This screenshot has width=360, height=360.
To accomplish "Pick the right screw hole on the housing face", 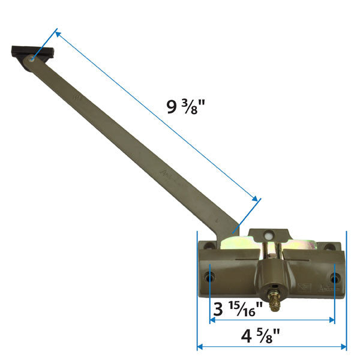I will pyautogui.click(x=335, y=278).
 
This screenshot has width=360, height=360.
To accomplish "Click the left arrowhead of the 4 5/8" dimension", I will pyautogui.click(x=200, y=346).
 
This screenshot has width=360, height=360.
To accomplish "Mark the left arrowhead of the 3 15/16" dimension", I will pyautogui.click(x=212, y=320).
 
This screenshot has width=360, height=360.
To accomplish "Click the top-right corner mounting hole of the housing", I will pyautogui.click(x=329, y=247).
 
